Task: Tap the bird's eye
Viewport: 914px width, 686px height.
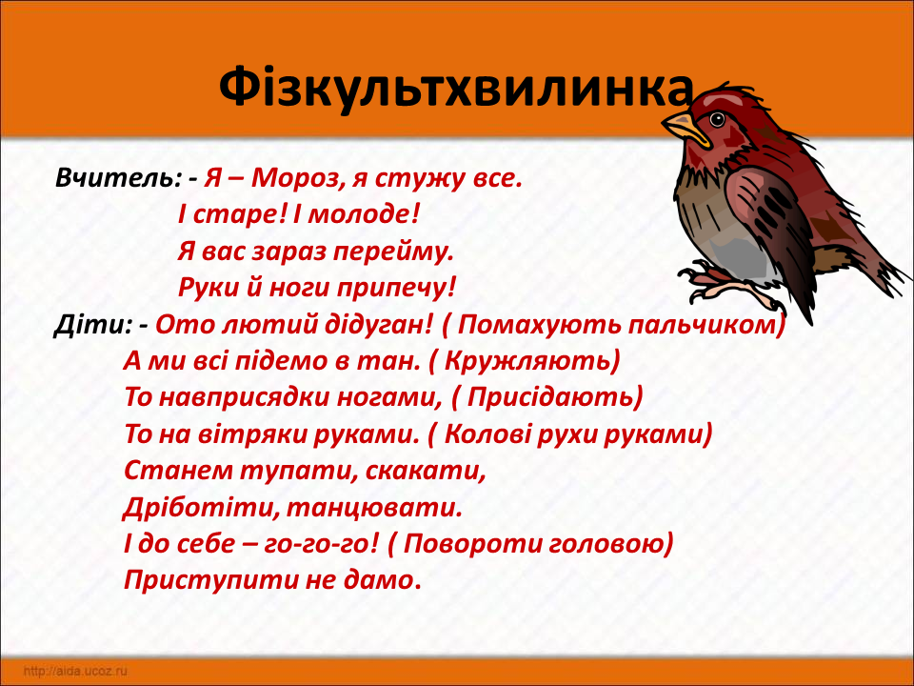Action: [x=717, y=120]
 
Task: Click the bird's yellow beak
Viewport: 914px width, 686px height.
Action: [x=686, y=129]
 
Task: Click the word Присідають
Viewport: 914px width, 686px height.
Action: [x=550, y=398]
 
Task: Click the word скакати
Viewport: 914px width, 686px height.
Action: [x=426, y=472]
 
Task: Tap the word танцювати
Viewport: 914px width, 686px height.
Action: [x=374, y=508]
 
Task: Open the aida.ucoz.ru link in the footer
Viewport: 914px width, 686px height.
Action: [x=75, y=671]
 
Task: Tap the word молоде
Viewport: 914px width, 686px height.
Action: [x=363, y=215]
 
